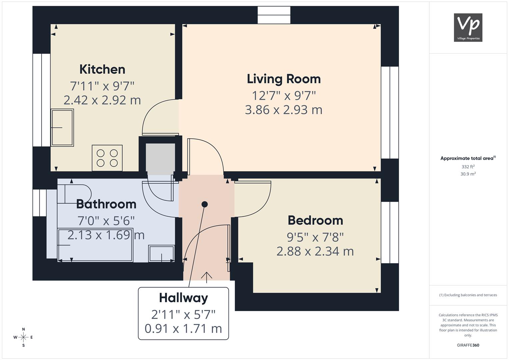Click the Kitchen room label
pyautogui.click(x=102, y=69)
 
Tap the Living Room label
pyautogui.click(x=284, y=79)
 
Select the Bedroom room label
pyautogui.click(x=315, y=220)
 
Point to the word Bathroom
pyautogui.click(x=106, y=204)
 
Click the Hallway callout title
pyautogui.click(x=183, y=298)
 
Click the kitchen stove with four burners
pyautogui.click(x=107, y=158)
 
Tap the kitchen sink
pyautogui.click(x=62, y=128)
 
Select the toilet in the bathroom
pyautogui.click(x=74, y=194)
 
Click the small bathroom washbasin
pyautogui.click(x=161, y=254)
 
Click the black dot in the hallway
pyautogui.click(x=205, y=204)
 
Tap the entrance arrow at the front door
pyautogui.click(x=207, y=277)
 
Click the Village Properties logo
pyautogui.click(x=468, y=28)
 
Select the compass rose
pyautogui.click(x=23, y=337)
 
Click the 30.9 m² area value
pyautogui.click(x=468, y=174)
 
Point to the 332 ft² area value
pyautogui.click(x=468, y=167)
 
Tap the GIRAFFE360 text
pyautogui.click(x=468, y=345)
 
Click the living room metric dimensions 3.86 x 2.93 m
pyautogui.click(x=284, y=110)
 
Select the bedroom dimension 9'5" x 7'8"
pyautogui.click(x=315, y=237)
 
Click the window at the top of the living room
pyautogui.click(x=274, y=15)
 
